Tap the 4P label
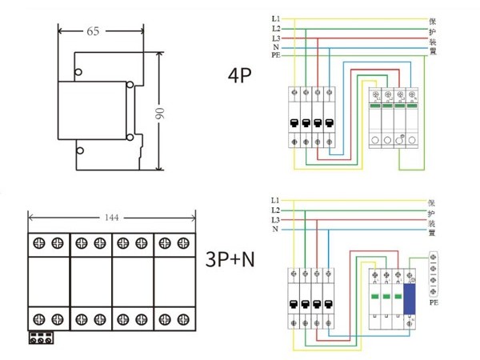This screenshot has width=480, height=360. [x=240, y=77]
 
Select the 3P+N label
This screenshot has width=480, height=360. [x=232, y=259]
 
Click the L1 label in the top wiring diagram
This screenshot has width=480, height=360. [x=275, y=18]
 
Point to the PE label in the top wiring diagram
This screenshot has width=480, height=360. [x=275, y=57]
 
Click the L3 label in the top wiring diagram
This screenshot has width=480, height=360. [x=275, y=38]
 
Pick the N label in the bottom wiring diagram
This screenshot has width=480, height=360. [x=275, y=230]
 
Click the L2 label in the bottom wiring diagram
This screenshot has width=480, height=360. [x=275, y=210]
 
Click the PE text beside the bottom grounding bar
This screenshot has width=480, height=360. [x=432, y=304]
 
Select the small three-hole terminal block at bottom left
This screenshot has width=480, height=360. [x=42, y=338]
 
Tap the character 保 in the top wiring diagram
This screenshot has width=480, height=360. [x=433, y=18]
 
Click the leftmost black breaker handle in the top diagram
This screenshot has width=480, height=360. [x=294, y=123]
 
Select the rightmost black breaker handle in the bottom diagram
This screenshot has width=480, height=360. [x=326, y=304]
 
